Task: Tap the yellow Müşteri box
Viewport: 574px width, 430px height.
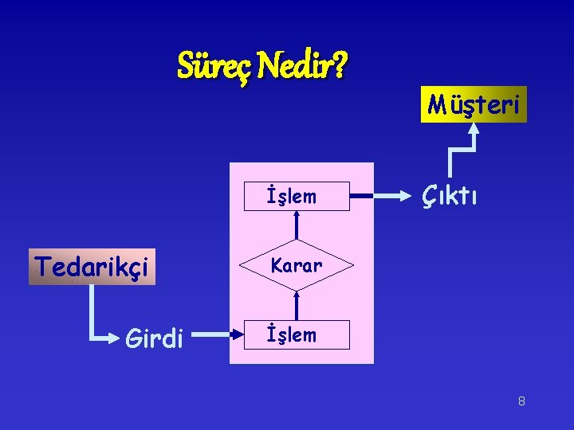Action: pos(474,104)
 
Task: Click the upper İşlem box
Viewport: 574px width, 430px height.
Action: pos(297,196)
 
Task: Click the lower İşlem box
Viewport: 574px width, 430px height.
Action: pos(297,335)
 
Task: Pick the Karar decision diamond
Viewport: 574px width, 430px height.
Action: pos(297,265)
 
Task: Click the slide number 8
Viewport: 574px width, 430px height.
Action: pos(521,401)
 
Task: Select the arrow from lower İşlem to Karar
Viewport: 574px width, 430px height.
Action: pos(297,305)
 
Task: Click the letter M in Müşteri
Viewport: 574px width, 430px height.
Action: pos(436,104)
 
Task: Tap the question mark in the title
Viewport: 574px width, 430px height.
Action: pos(340,66)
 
